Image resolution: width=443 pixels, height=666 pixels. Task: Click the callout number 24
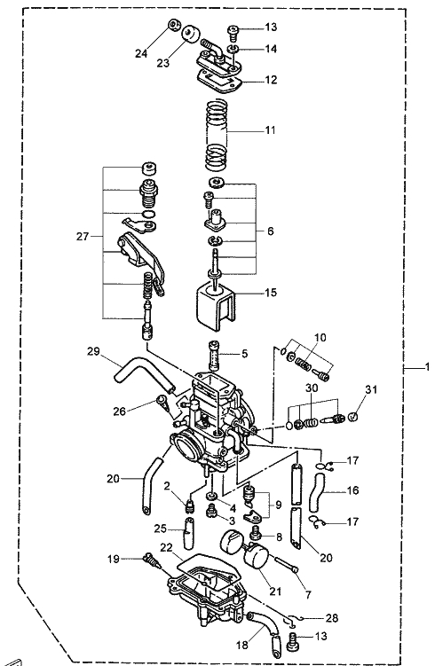point(141,53)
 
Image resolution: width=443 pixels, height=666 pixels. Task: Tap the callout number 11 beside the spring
point(271,130)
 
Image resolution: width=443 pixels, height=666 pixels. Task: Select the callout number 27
point(83,236)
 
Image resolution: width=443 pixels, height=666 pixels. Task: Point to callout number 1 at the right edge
point(428,366)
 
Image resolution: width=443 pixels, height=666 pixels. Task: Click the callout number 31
point(371,389)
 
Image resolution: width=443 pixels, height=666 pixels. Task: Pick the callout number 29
point(93,351)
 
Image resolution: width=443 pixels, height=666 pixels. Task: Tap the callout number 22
point(166,548)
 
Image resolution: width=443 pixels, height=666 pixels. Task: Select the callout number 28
point(332,618)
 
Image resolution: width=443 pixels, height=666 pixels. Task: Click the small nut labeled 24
point(173,25)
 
